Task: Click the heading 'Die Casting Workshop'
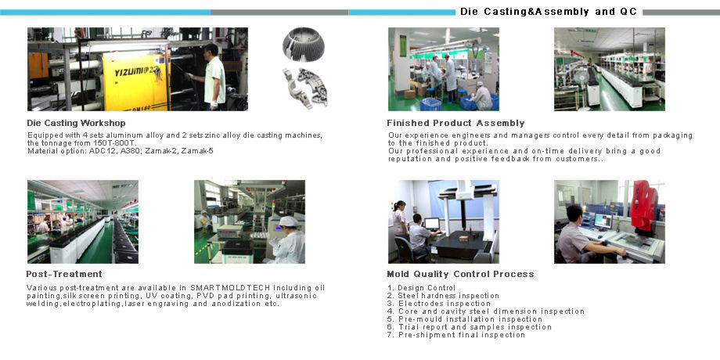(76, 123)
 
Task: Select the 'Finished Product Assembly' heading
(455, 123)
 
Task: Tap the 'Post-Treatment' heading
(64, 274)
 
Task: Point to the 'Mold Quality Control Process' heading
(460, 274)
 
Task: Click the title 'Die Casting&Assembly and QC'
(549, 12)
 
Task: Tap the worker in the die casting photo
(212, 75)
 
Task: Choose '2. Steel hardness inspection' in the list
(443, 296)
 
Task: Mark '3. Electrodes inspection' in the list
(438, 304)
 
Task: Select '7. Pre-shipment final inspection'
(455, 335)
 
